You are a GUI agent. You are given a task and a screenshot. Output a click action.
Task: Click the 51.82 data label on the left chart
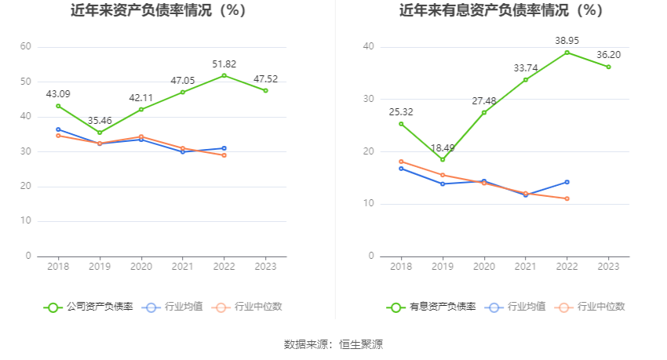pyautogui.click(x=224, y=64)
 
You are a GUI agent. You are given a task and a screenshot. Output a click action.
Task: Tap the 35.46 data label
pyautogui.click(x=100, y=121)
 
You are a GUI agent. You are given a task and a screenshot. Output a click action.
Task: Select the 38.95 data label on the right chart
pyautogui.click(x=567, y=40)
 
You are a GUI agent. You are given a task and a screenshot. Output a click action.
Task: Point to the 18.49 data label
pyautogui.click(x=443, y=147)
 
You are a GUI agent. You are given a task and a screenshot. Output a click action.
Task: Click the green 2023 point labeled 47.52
pyautogui.click(x=265, y=90)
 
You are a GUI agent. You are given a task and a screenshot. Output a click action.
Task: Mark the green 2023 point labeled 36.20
pyautogui.click(x=608, y=67)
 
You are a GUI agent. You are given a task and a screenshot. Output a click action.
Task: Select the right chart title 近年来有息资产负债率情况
pyautogui.click(x=501, y=11)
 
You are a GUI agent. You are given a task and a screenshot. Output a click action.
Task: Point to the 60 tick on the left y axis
pyautogui.click(x=26, y=47)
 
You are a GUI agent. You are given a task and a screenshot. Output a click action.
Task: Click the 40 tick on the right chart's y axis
pyautogui.click(x=369, y=47)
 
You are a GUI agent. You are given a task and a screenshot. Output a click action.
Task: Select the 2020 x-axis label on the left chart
pyautogui.click(x=141, y=267)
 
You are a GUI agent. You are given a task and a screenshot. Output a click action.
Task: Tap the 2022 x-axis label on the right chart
pyautogui.click(x=567, y=267)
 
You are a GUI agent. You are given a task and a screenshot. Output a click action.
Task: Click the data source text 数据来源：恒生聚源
pyautogui.click(x=333, y=344)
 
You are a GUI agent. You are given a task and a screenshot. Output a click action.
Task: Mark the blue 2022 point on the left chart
pyautogui.click(x=224, y=148)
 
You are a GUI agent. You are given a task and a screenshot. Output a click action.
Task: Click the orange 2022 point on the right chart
pyautogui.click(x=567, y=198)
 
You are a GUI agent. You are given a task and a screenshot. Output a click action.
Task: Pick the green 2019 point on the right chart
pyautogui.click(x=443, y=159)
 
